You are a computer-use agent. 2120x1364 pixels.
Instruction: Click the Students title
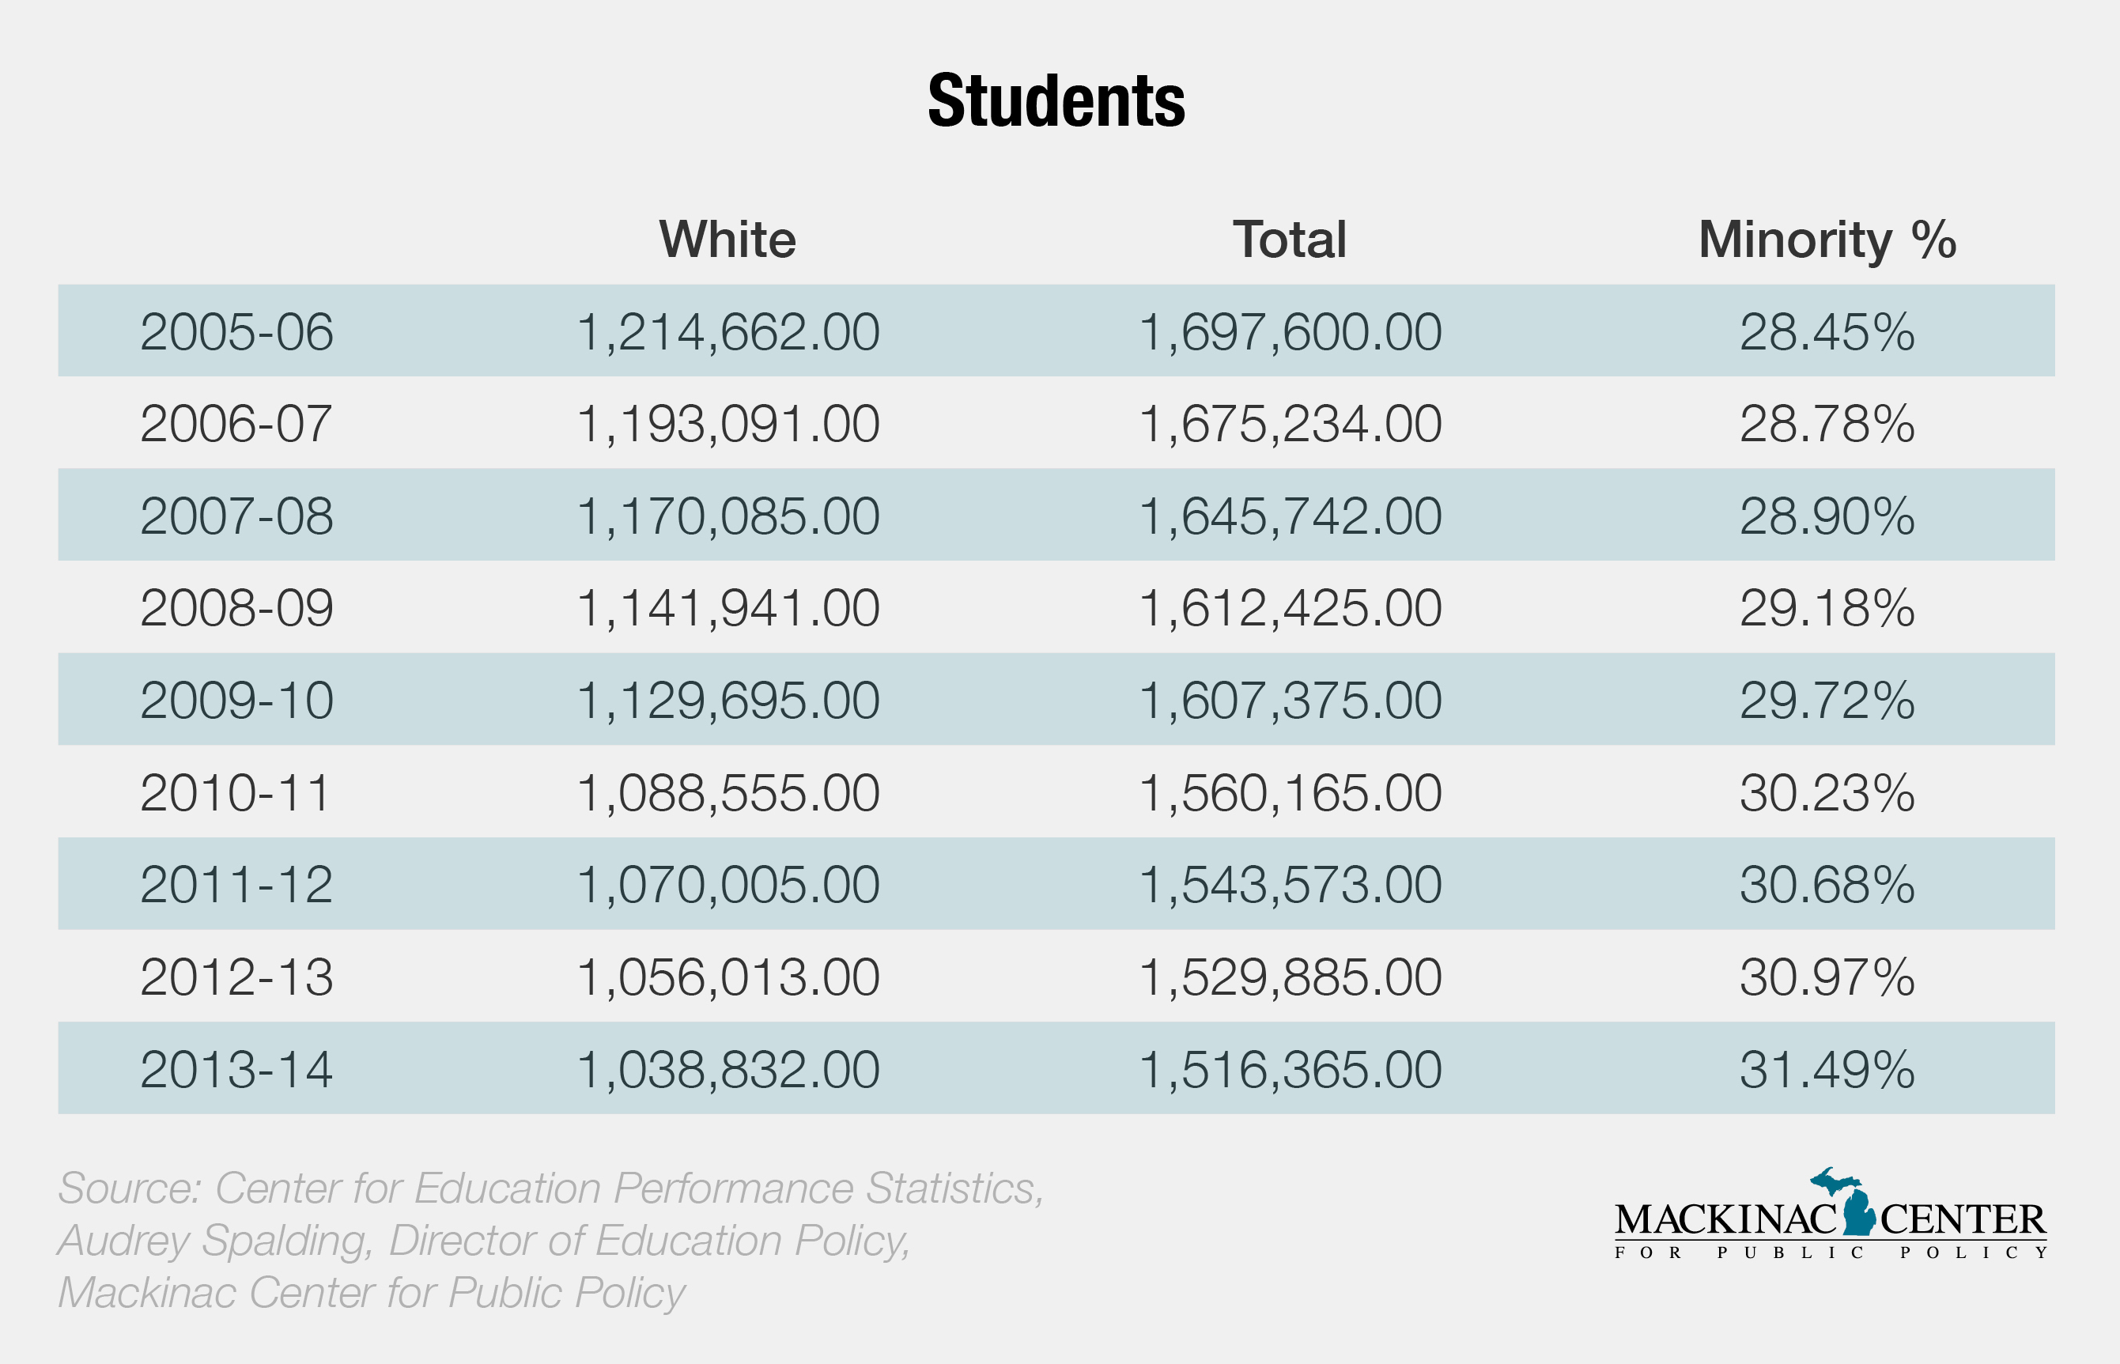1056,101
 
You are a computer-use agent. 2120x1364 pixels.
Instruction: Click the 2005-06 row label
236,332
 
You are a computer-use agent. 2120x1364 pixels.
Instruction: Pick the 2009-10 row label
236,701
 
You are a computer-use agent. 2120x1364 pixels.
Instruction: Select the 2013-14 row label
236,1069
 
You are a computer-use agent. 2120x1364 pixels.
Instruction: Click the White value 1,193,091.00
727,425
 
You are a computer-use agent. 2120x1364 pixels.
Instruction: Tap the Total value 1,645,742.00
1290,516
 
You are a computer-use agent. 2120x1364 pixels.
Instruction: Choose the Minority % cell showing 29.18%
1826,609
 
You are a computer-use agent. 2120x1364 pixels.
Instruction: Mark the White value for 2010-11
727,793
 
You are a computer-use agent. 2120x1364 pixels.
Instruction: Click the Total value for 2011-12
1290,885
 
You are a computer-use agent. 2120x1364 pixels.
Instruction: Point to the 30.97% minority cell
1826,977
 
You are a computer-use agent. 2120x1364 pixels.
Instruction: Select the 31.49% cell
1826,1069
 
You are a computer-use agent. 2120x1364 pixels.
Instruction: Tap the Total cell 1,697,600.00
1290,332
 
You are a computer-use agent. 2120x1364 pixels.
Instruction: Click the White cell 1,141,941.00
727,609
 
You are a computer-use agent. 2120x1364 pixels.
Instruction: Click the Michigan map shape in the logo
1858,1209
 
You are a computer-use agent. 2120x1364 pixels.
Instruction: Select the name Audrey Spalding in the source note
213,1240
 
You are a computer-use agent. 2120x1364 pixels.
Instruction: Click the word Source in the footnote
128,1188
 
